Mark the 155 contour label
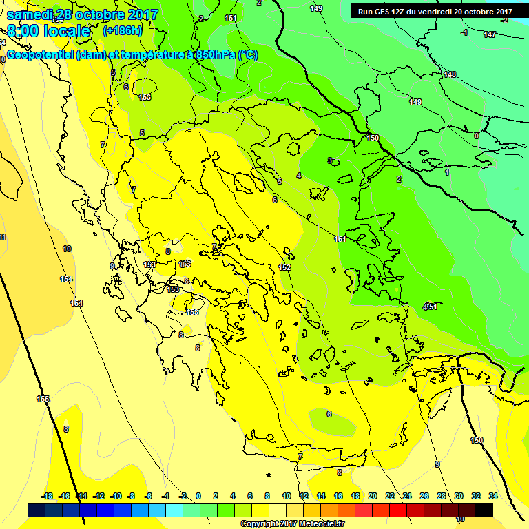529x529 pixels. (x=43, y=399)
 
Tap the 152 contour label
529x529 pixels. (x=284, y=267)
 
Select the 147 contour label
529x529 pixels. (x=489, y=34)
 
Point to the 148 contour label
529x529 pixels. (x=450, y=74)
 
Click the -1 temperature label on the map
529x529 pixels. (x=464, y=32)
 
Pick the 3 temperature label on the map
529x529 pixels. (x=330, y=160)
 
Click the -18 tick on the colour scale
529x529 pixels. (x=47, y=496)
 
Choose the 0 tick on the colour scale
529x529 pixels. (x=198, y=496)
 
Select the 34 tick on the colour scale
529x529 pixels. (x=493, y=496)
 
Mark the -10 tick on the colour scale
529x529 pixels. (x=116, y=496)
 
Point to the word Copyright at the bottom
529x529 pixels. (x=260, y=524)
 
